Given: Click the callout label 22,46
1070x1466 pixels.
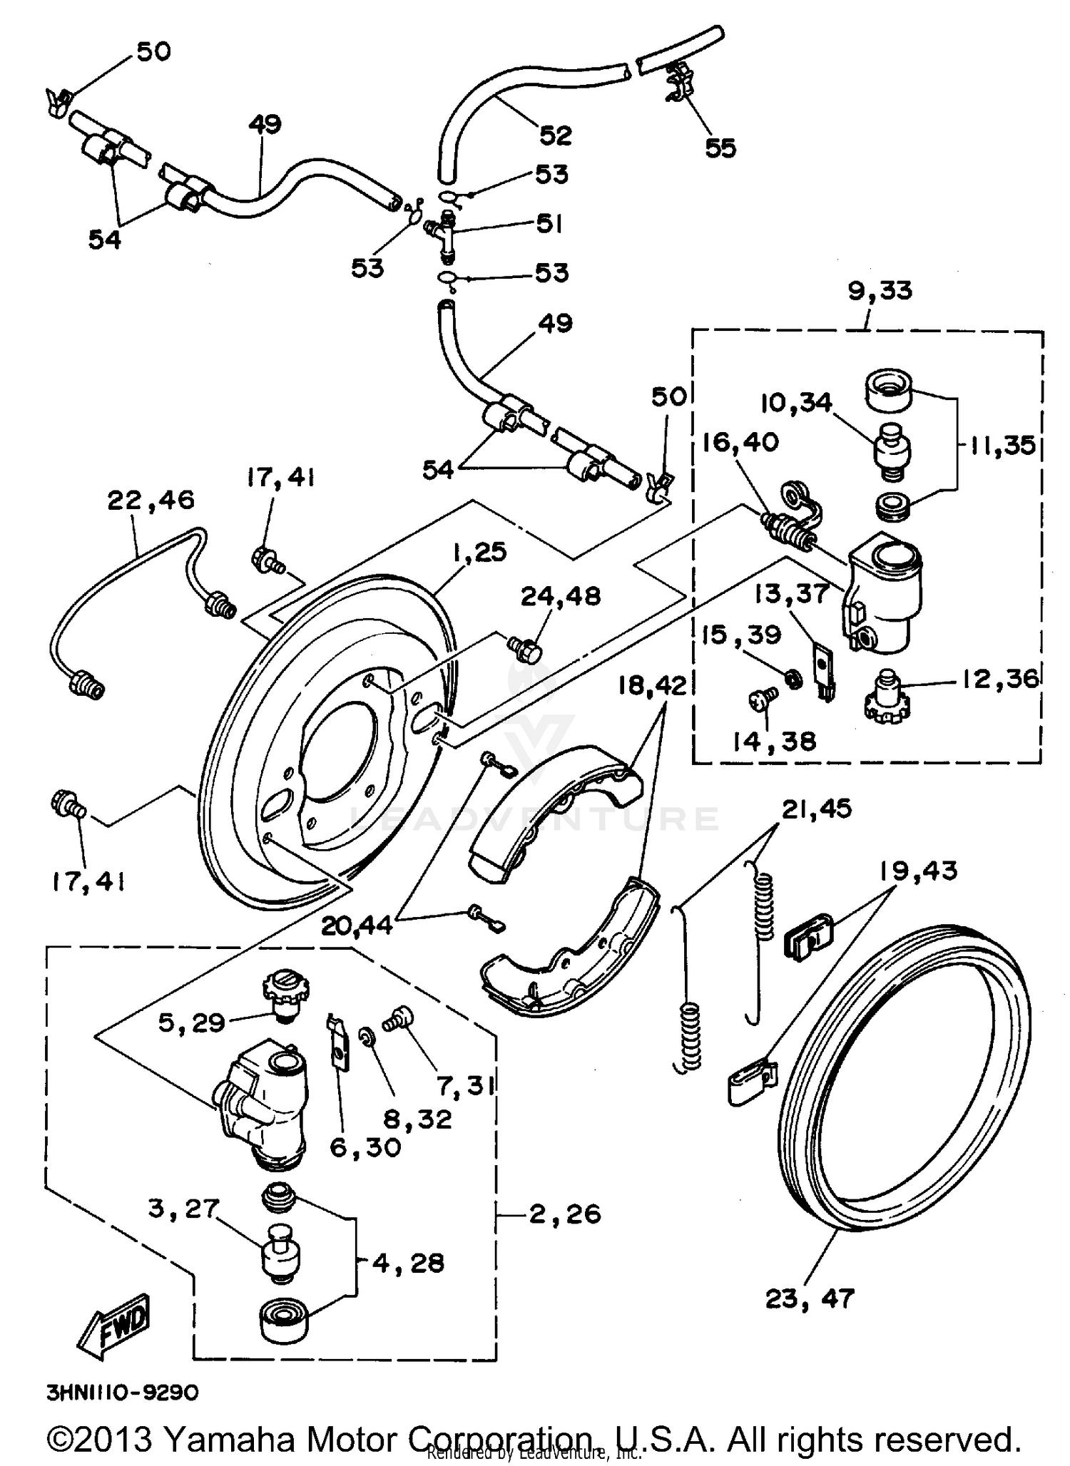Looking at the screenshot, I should [151, 500].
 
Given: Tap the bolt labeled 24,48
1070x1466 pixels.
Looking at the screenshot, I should [524, 647].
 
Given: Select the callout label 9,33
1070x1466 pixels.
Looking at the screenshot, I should [880, 292].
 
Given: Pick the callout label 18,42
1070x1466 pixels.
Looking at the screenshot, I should [652, 686].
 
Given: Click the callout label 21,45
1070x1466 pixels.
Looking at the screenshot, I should [817, 809].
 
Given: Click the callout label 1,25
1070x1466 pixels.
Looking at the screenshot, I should [479, 552].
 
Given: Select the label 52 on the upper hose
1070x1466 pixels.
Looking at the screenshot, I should [556, 135].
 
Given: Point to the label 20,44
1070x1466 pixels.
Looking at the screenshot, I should [357, 926].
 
